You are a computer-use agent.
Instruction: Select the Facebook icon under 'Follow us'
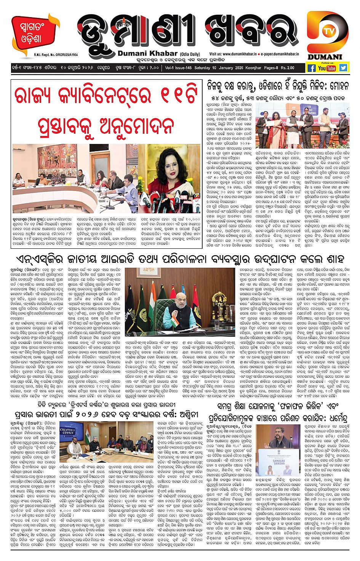coord(311,68)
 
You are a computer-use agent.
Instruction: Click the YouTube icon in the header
coord(327,68)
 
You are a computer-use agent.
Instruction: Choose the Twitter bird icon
coord(343,68)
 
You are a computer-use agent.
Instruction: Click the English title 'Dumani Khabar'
coord(148,54)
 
